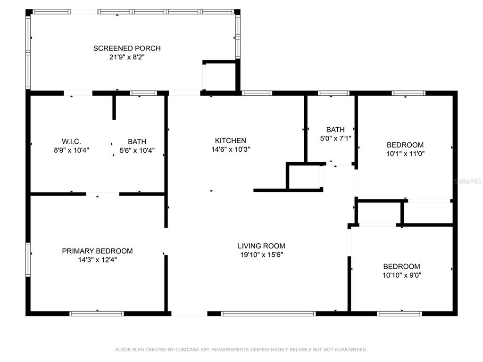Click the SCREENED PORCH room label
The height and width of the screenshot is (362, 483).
pyautogui.click(x=127, y=49)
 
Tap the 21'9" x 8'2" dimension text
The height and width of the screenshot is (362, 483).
pyautogui.click(x=127, y=57)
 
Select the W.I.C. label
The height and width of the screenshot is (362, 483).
pyautogui.click(x=72, y=141)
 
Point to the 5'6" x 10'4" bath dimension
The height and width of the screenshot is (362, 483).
pyautogui.click(x=137, y=150)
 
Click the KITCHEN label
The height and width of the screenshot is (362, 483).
pyautogui.click(x=230, y=140)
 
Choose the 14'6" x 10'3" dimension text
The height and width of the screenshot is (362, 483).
pyautogui.click(x=230, y=149)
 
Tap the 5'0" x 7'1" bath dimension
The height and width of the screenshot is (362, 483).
pyautogui.click(x=335, y=139)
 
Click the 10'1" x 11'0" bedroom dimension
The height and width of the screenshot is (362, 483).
pyautogui.click(x=405, y=154)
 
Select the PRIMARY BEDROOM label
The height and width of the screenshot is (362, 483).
pyautogui.click(x=97, y=251)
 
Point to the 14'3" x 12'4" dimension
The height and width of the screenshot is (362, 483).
pyautogui.click(x=97, y=260)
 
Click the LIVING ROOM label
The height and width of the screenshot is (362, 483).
pyautogui.click(x=261, y=246)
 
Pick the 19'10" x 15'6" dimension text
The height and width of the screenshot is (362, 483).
pyautogui.click(x=261, y=255)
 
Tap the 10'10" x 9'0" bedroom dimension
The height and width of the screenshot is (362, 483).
pyautogui.click(x=402, y=275)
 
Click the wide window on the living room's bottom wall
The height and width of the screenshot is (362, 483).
pyautogui.click(x=268, y=313)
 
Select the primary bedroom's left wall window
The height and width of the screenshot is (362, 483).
pyautogui.click(x=28, y=260)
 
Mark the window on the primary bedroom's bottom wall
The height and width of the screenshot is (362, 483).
pyautogui.click(x=97, y=313)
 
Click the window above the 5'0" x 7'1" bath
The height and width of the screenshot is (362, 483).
pyautogui.click(x=333, y=93)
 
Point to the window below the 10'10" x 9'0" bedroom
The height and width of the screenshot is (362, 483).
pyautogui.click(x=400, y=313)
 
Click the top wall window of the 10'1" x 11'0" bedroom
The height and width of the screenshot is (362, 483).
pyautogui.click(x=408, y=93)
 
